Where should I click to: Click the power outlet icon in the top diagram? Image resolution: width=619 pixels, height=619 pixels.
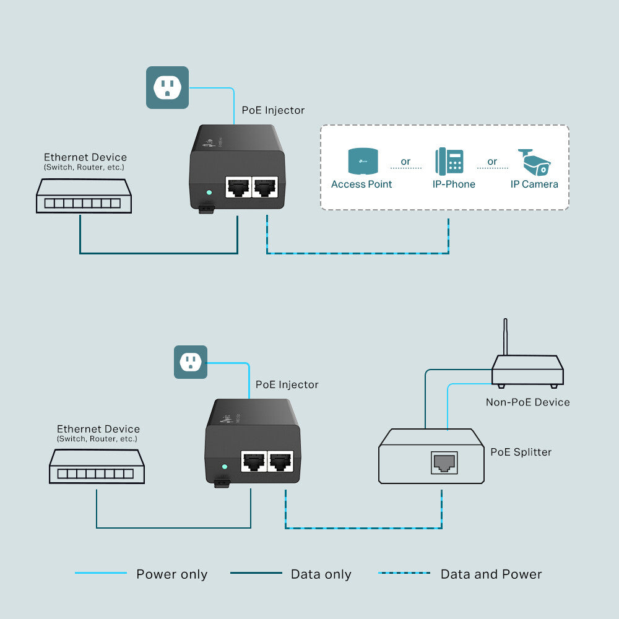[x=167, y=87]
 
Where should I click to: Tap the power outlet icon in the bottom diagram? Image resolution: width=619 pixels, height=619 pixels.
[x=190, y=361]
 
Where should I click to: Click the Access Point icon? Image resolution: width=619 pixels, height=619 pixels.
[x=361, y=161]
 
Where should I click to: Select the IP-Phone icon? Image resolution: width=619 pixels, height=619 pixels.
[x=449, y=161]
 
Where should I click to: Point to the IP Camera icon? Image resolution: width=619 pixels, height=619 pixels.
[x=534, y=162]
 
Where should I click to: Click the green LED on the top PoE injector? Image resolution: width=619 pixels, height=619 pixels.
[x=209, y=193]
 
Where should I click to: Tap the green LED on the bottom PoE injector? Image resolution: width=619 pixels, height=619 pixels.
[x=225, y=467]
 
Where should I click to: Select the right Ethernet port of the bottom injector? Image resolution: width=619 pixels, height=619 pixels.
[x=281, y=461]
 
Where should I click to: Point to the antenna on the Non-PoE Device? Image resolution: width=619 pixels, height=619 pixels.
[x=505, y=338]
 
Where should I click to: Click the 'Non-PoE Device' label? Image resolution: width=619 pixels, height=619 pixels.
[x=527, y=402]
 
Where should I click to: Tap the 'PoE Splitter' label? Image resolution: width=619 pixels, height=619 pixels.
[x=521, y=452]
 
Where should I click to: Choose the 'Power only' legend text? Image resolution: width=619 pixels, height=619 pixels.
[x=171, y=574]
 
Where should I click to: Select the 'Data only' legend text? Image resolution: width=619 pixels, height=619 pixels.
[x=321, y=574]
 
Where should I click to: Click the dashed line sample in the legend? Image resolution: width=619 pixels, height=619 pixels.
[x=404, y=573]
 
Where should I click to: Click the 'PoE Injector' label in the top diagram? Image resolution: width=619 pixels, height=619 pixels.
[x=273, y=110]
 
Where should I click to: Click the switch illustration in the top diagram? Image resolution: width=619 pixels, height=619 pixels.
[x=84, y=196]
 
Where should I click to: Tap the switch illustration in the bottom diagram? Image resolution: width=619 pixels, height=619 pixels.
[x=97, y=467]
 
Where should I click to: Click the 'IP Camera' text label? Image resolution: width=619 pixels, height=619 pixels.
[x=534, y=184]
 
